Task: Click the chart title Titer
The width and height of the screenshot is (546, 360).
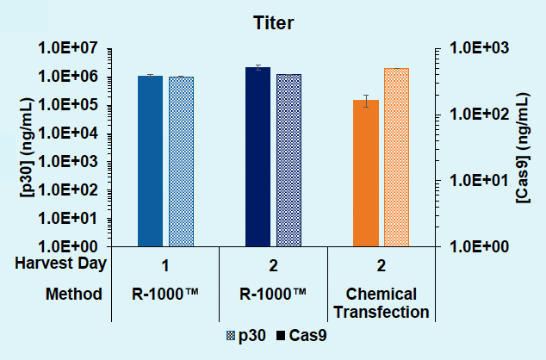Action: point(272,23)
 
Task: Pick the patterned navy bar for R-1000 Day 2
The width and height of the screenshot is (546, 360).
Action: point(289,160)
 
